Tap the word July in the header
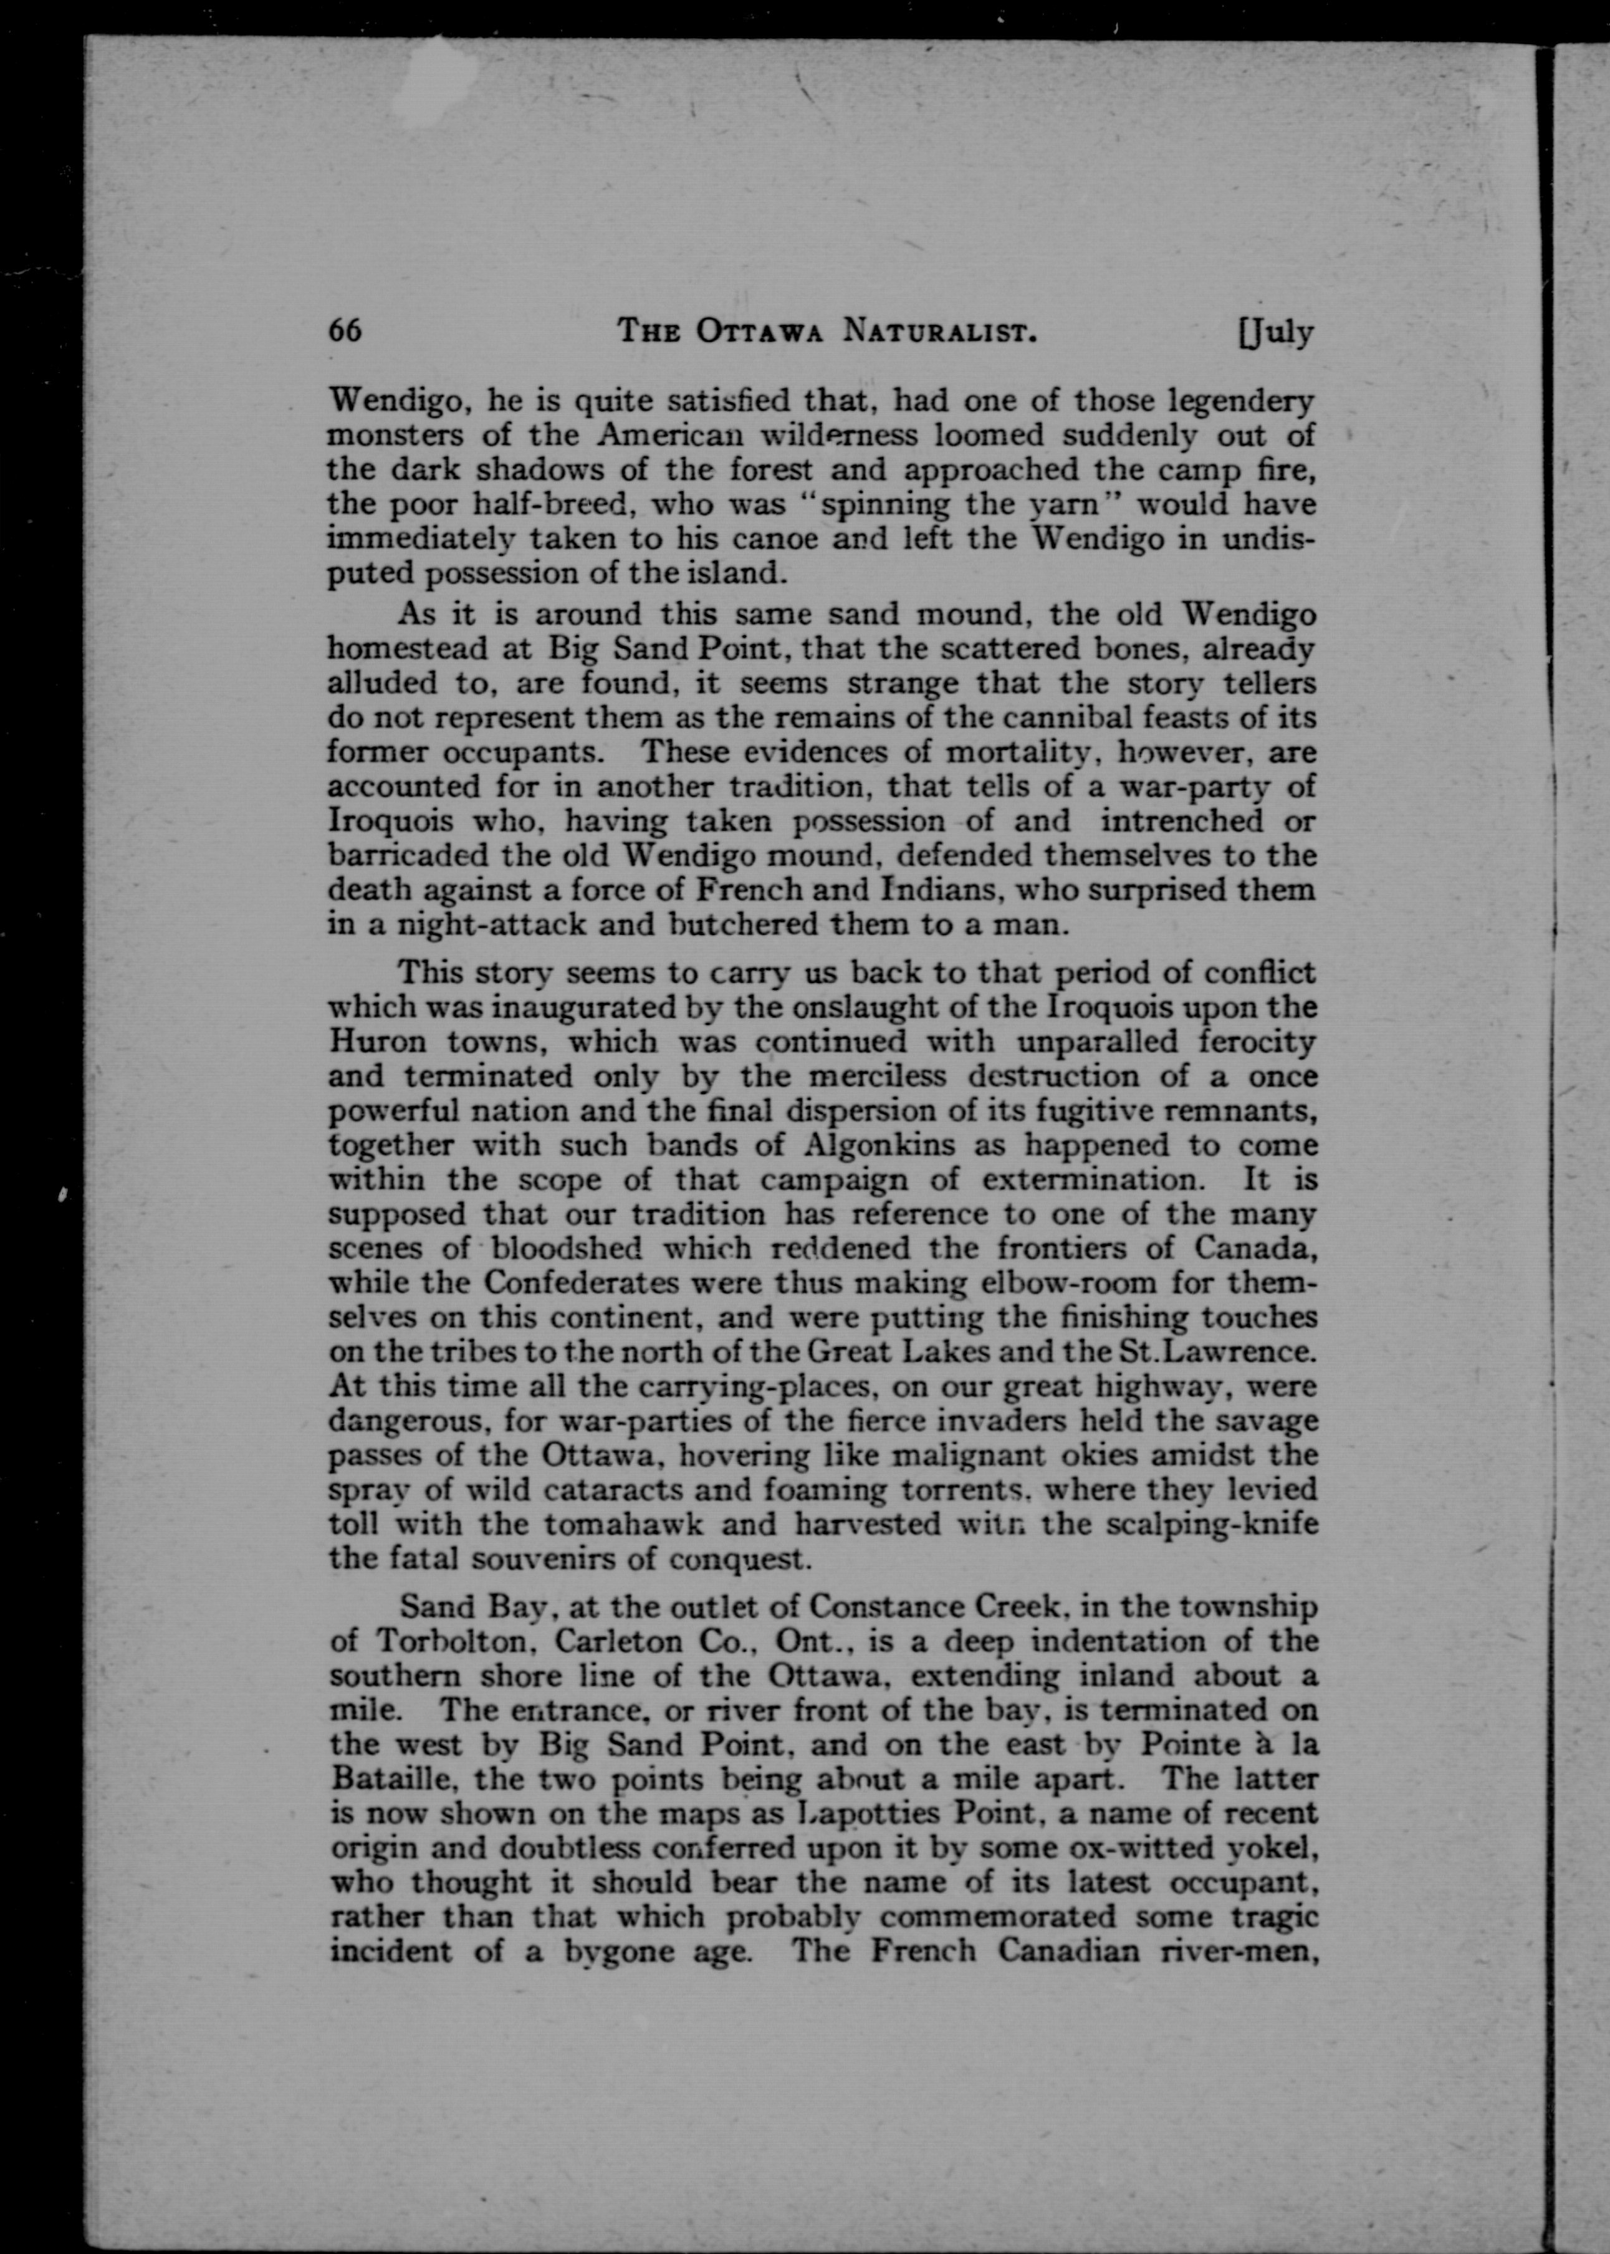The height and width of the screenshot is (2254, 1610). pyautogui.click(x=1279, y=332)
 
